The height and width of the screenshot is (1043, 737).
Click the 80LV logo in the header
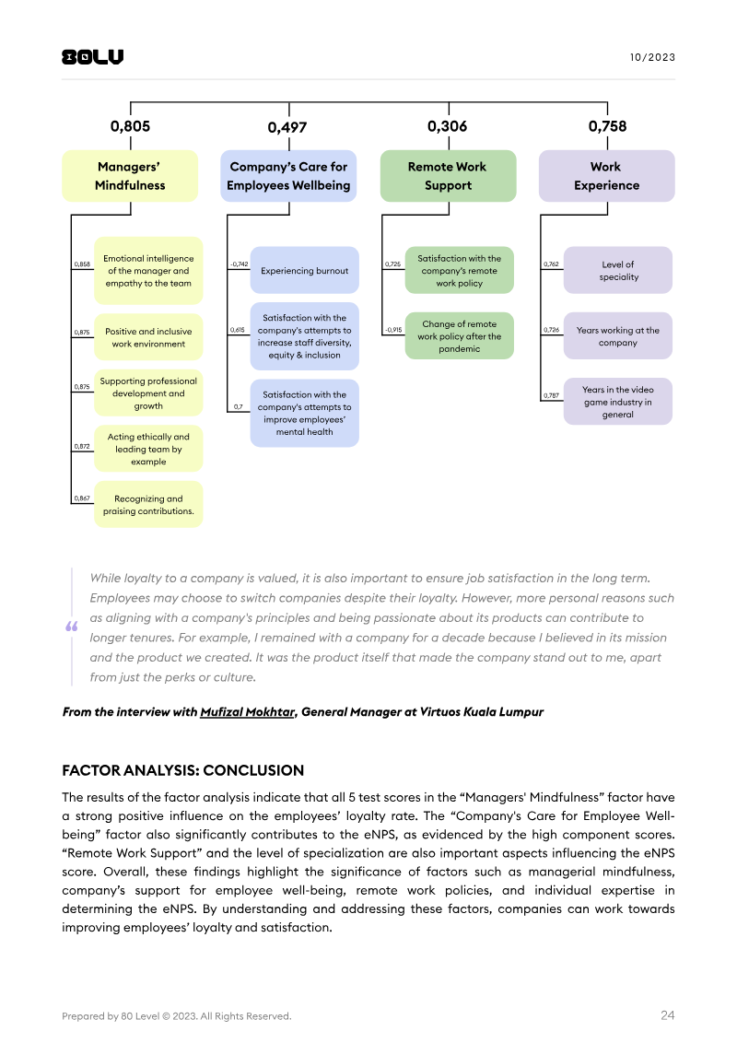pos(92,57)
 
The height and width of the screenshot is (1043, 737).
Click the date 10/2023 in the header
pos(652,57)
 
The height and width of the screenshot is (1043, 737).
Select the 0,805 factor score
pos(130,127)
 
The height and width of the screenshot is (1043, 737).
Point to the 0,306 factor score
pos(447,127)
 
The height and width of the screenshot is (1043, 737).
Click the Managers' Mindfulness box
pos(130,176)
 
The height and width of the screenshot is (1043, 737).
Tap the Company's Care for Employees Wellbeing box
pos(288,176)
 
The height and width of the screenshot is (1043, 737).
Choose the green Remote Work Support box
pos(447,176)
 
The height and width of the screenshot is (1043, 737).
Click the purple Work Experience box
pos(606,176)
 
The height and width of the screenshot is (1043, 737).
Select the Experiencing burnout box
pos(304,271)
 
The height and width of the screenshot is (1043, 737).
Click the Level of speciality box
pos(618,271)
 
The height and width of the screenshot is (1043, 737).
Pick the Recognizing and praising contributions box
pos(148,505)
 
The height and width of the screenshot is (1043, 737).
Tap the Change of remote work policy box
pos(459,336)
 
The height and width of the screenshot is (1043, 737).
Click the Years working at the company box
pos(618,336)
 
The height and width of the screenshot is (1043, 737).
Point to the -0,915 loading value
pos(392,330)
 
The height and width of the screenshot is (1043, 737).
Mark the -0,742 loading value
pos(239,264)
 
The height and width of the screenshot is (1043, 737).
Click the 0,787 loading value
pos(551,395)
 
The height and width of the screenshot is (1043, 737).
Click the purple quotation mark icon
pos(71,627)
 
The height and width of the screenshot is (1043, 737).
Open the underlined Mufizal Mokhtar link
pos(247,712)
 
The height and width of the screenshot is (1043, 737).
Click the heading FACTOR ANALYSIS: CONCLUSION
pos(182,770)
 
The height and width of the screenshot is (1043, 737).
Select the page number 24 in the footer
pos(667,1015)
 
